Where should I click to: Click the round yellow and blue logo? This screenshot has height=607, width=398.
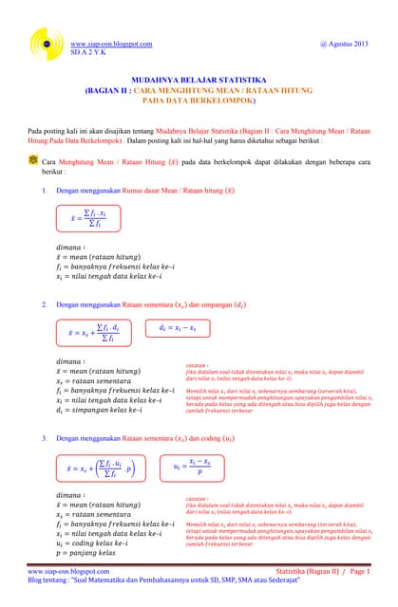pos(45,41)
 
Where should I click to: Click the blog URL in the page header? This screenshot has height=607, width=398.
pos(111,45)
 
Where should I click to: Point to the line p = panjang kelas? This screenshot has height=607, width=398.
pos(86,552)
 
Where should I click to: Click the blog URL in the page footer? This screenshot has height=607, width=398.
pos(68,573)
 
